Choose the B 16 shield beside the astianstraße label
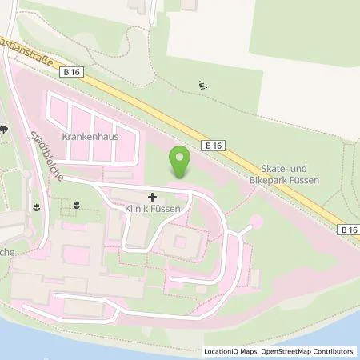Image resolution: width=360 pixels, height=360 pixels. click(70, 71)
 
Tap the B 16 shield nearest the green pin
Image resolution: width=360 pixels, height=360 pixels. click(211, 146)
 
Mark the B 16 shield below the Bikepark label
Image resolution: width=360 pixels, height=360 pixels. click(346, 229)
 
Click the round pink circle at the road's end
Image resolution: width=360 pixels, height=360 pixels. click(257, 220)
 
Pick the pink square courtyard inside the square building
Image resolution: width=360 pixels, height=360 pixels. click(178, 240)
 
